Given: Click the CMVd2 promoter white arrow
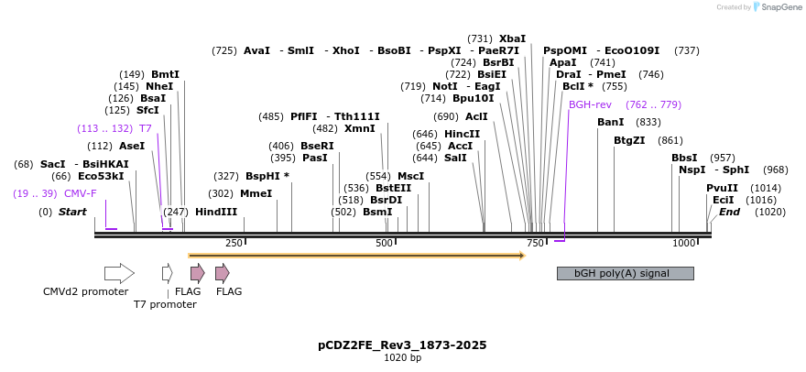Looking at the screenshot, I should tap(119, 272).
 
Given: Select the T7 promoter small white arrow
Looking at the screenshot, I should tap(167, 272).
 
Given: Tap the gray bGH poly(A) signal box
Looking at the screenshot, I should tap(625, 273).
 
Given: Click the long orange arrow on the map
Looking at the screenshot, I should tap(355, 256).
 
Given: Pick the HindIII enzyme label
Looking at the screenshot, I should tap(216, 212).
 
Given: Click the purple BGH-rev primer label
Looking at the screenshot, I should tap(590, 104).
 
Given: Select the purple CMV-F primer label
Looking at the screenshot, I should tap(80, 193).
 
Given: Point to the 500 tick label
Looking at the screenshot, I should tap(385, 243).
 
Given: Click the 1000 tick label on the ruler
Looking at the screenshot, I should tap(683, 243).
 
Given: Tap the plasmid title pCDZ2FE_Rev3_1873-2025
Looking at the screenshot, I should tap(402, 345).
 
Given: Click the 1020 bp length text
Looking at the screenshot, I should tap(402, 358).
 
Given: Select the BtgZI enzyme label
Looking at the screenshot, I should tap(629, 140).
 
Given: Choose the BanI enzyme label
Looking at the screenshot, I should tap(610, 122).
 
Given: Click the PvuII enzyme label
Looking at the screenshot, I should tap(722, 188).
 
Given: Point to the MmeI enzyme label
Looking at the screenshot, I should tap(256, 193).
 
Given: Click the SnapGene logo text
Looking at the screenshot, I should tap(775, 7).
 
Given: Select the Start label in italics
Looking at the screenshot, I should tap(72, 212).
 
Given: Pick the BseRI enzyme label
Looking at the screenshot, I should tap(317, 146).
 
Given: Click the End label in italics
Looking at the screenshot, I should tap(729, 212).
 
